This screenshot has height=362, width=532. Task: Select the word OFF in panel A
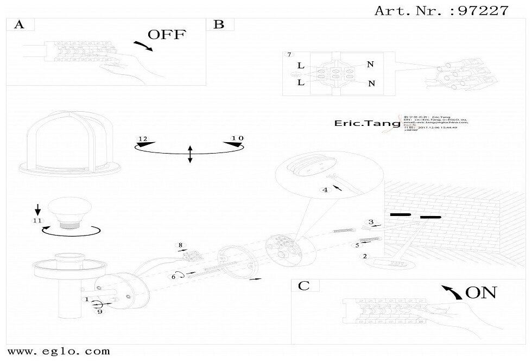167,35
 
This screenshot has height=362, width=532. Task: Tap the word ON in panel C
482,293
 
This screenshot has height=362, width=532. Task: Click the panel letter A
19,24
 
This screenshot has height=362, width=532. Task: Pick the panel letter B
219,24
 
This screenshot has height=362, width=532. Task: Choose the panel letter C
304,286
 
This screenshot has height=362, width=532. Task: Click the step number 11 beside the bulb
37,221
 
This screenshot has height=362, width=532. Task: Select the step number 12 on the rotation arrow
143,139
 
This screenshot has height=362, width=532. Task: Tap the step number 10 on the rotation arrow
237,139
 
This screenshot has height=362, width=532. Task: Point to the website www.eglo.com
59,352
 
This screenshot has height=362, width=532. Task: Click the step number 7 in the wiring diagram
289,55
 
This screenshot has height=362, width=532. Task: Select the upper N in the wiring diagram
371,65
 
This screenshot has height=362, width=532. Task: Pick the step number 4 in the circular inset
325,190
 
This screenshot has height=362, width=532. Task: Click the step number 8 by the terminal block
181,245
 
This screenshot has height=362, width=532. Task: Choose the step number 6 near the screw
174,277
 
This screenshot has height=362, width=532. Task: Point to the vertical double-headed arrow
189,154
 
